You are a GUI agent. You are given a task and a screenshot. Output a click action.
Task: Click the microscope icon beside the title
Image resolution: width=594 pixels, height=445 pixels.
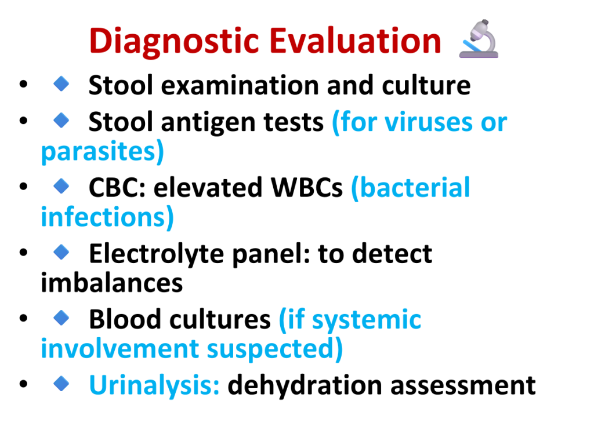[479, 39]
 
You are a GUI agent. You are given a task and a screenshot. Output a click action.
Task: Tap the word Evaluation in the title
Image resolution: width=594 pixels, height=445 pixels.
[356, 41]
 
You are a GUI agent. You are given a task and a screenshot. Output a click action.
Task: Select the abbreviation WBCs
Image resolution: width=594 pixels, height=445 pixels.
[306, 187]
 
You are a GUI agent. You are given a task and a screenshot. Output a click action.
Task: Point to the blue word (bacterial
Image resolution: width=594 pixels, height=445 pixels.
[410, 187]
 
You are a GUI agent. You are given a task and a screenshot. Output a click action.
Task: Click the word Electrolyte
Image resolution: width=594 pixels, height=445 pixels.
[157, 254]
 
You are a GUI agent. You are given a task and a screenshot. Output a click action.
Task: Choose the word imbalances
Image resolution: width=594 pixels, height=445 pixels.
[112, 283]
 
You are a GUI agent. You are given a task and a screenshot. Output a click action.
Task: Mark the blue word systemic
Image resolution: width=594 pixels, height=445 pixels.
[367, 320]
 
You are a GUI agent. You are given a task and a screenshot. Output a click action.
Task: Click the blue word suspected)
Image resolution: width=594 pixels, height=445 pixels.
[274, 349]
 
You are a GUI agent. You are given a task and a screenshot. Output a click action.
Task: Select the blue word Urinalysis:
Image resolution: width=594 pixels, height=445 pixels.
[154, 385]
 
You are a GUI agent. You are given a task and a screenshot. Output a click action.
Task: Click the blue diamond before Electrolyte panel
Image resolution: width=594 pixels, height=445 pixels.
[61, 252]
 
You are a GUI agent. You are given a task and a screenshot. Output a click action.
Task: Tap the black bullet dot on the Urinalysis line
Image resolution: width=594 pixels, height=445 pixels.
[23, 384]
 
